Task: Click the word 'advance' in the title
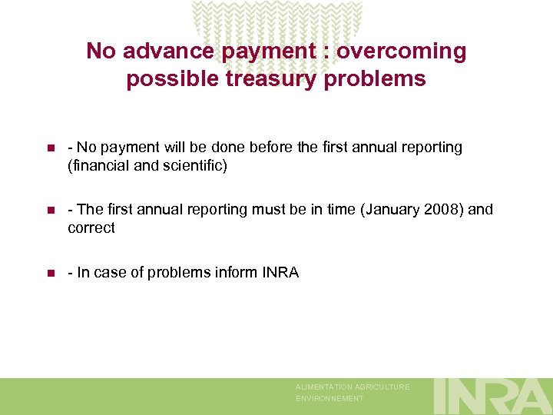point(164,51)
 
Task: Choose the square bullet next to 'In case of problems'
point(50,273)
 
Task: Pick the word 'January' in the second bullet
point(392,210)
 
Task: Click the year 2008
point(440,210)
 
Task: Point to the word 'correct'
point(91,227)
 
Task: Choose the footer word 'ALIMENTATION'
point(325,387)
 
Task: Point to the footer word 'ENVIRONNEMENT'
point(329,399)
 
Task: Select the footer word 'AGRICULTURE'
point(382,387)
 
